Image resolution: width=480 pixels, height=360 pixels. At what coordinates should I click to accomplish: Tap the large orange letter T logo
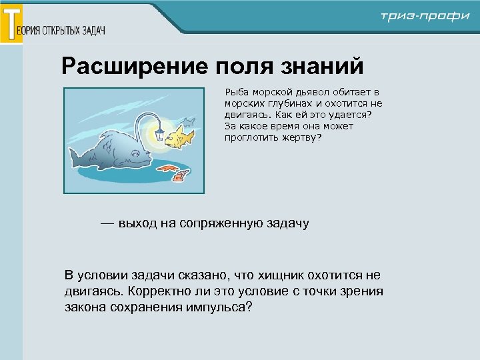tap(11, 24)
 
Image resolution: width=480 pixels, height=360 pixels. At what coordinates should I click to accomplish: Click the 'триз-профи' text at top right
tap(425, 17)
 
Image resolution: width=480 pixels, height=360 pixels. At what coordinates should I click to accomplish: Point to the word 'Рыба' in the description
tap(237, 91)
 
